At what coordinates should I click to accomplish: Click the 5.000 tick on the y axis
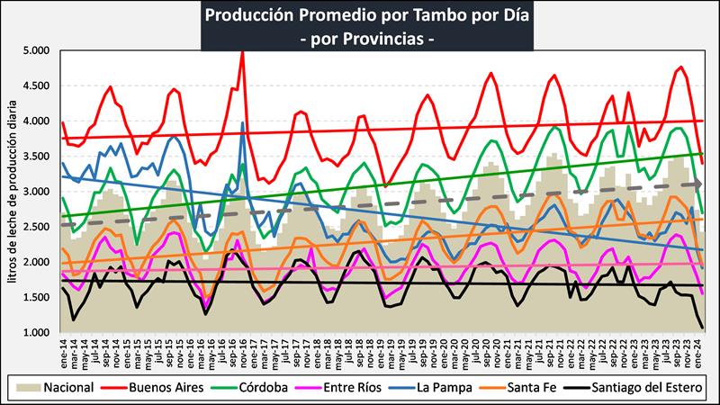(38, 50)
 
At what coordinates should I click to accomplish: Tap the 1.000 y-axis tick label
(38, 333)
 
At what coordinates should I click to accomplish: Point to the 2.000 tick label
(38, 263)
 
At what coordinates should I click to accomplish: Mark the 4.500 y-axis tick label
(38, 86)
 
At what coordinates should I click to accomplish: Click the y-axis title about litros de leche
(13, 193)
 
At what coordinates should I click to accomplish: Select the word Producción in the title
(246, 15)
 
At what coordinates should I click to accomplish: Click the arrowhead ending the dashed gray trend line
(699, 184)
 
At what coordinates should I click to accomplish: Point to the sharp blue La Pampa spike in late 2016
(242, 124)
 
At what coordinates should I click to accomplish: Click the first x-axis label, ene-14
(63, 350)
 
